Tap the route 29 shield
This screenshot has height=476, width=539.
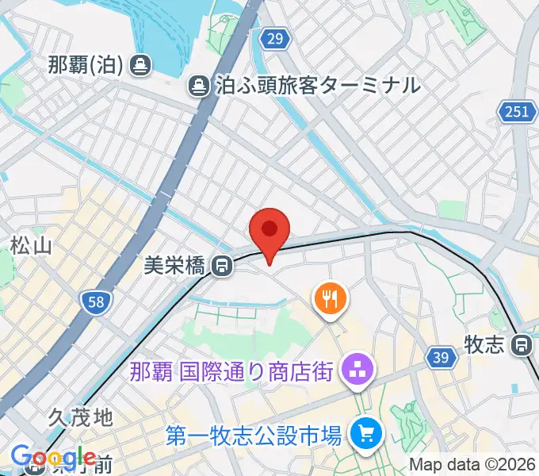click(x=274, y=39)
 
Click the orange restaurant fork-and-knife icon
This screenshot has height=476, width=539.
click(x=330, y=299)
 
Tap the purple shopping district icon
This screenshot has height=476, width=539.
click(x=353, y=370)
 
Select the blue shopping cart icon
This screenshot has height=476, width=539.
click(x=366, y=434)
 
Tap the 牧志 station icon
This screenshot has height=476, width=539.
click(x=522, y=345)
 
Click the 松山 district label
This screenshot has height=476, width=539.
click(x=32, y=247)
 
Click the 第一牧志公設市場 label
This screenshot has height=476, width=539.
click(x=254, y=435)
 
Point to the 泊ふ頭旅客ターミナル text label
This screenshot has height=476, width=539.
click(x=317, y=85)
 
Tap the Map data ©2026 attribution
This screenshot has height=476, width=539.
click(x=471, y=464)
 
